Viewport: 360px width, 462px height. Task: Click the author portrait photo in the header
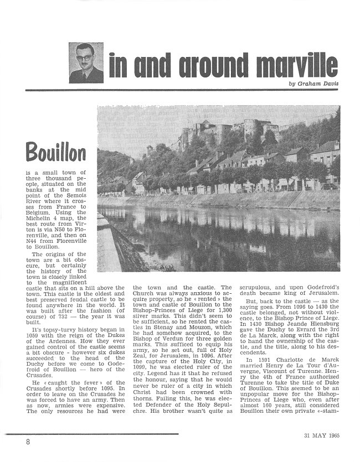pyautogui.click(x=86, y=63)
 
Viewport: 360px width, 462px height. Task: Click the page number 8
pyautogui.click(x=27, y=442)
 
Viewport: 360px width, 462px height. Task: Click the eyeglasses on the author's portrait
pyautogui.click(x=85, y=58)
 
